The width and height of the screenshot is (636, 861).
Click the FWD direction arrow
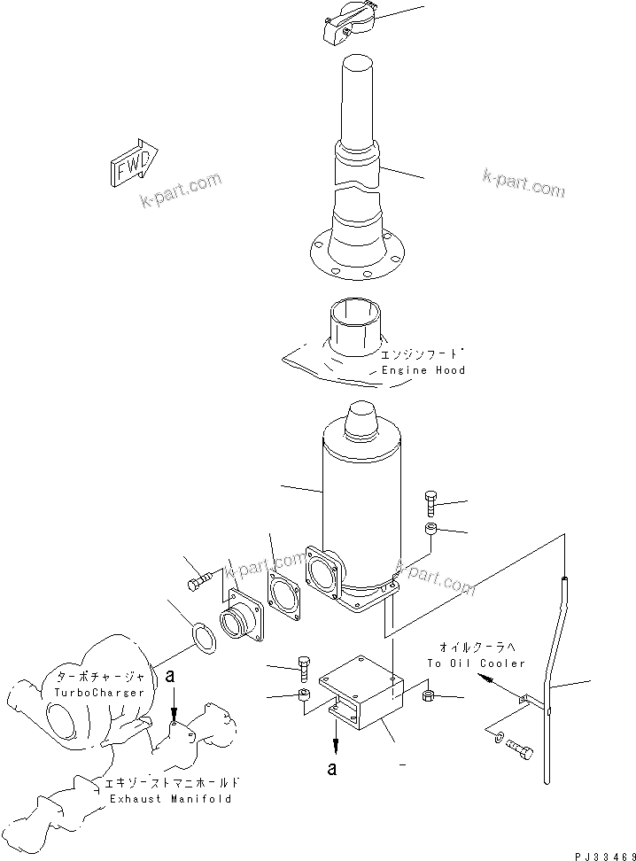point(133,163)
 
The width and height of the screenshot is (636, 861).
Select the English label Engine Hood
point(423,369)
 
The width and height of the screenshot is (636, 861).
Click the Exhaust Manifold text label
point(170,798)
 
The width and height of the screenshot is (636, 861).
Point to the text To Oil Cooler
point(475,663)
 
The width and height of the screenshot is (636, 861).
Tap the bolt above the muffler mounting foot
point(430,502)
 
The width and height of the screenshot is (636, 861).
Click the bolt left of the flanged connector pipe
point(199,582)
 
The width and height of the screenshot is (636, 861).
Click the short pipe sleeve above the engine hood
point(356,326)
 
